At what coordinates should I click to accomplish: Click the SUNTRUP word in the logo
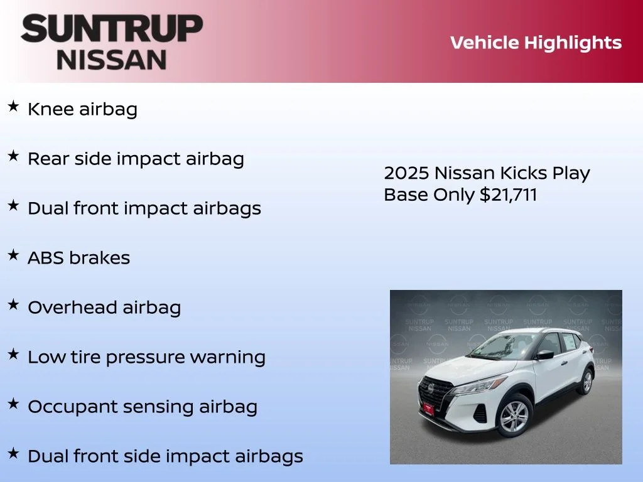112,29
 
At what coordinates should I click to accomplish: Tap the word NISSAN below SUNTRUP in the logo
112,60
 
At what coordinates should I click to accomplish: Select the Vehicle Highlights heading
536,43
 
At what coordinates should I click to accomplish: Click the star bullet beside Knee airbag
13,107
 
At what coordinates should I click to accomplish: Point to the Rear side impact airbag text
136,159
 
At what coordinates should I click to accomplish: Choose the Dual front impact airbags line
144,208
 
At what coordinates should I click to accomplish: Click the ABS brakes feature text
78,258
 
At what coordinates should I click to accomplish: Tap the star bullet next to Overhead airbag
13,305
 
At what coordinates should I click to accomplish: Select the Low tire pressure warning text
146,357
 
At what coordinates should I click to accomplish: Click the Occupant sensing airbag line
142,407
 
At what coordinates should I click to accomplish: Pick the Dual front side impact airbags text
165,456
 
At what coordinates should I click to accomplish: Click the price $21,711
508,195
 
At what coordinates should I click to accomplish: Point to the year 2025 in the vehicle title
406,173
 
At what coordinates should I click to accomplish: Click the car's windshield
499,346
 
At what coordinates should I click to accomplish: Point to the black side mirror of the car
544,355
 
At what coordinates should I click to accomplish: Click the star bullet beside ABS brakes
13,255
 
